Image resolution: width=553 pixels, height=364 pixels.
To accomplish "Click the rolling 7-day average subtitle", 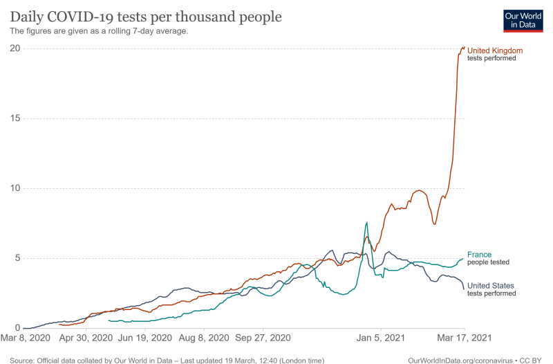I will (x=99, y=31).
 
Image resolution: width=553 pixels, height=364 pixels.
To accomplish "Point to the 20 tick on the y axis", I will (x=15, y=48).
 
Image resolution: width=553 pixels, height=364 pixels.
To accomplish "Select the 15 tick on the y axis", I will (x=15, y=118).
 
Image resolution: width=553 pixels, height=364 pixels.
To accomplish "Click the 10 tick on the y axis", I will (x=15, y=188).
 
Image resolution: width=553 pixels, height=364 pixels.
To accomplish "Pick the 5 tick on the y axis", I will (x=17, y=259).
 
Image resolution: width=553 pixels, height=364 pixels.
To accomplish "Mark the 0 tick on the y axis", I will (x=17, y=329).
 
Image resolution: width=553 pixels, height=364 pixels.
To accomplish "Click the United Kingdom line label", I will (x=495, y=51).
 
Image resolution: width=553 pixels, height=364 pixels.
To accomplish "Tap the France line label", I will (x=480, y=255).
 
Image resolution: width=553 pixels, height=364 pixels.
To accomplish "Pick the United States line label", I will (x=491, y=285).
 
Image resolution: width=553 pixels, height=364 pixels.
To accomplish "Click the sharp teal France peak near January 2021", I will (x=366, y=223).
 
